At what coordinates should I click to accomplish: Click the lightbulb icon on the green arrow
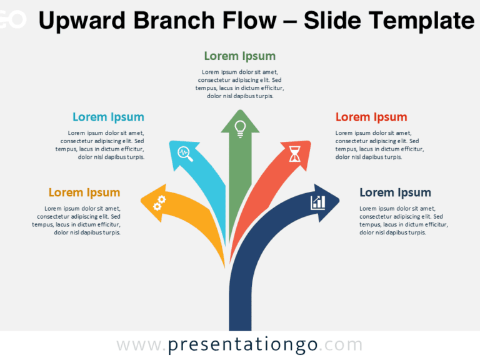click(x=239, y=127)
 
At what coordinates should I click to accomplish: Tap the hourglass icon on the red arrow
click(x=295, y=153)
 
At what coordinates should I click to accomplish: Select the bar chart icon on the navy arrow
click(x=318, y=202)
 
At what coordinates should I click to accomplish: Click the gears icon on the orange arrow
click(x=160, y=202)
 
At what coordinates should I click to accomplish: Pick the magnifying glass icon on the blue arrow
click(x=185, y=153)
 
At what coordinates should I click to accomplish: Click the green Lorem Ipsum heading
click(x=239, y=56)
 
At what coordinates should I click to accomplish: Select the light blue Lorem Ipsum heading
click(x=108, y=117)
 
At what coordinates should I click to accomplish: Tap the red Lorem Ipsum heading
click(x=371, y=117)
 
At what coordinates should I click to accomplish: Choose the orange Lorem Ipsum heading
click(x=84, y=192)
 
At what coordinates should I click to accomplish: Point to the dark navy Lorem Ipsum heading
click(x=395, y=192)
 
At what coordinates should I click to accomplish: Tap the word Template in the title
click(x=426, y=21)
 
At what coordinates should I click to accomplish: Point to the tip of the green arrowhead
click(x=239, y=110)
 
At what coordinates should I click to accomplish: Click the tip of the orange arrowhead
click(x=141, y=201)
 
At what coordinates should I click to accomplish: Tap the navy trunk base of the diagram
click(x=240, y=312)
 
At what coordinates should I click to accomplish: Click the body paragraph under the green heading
click(x=239, y=84)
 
